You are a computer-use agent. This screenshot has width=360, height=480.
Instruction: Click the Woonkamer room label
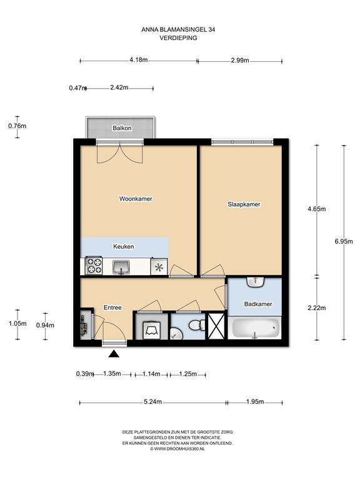pos(136,199)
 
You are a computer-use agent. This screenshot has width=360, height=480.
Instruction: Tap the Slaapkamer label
pos(243,204)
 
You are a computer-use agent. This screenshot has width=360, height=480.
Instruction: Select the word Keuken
pos(123,247)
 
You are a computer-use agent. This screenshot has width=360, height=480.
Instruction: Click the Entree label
pos(112,307)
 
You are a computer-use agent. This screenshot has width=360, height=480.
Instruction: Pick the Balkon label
pos(122,128)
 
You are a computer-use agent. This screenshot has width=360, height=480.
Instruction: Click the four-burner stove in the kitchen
pos(93,266)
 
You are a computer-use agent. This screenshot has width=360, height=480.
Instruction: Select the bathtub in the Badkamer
pos(255,327)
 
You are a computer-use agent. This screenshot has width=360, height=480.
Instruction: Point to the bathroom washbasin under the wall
pos(256,282)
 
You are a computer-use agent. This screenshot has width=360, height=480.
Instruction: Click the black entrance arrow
pos(113,355)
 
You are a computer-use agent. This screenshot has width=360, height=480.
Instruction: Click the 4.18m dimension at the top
pos(138,61)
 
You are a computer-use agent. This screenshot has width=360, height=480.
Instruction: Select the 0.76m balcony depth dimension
pos(17,126)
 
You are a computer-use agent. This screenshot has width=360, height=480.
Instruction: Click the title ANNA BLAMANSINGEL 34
pos(179,29)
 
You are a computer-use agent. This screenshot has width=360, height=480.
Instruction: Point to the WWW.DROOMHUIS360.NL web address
pos(179,448)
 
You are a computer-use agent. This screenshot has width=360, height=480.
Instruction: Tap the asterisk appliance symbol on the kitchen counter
pos(159,268)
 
